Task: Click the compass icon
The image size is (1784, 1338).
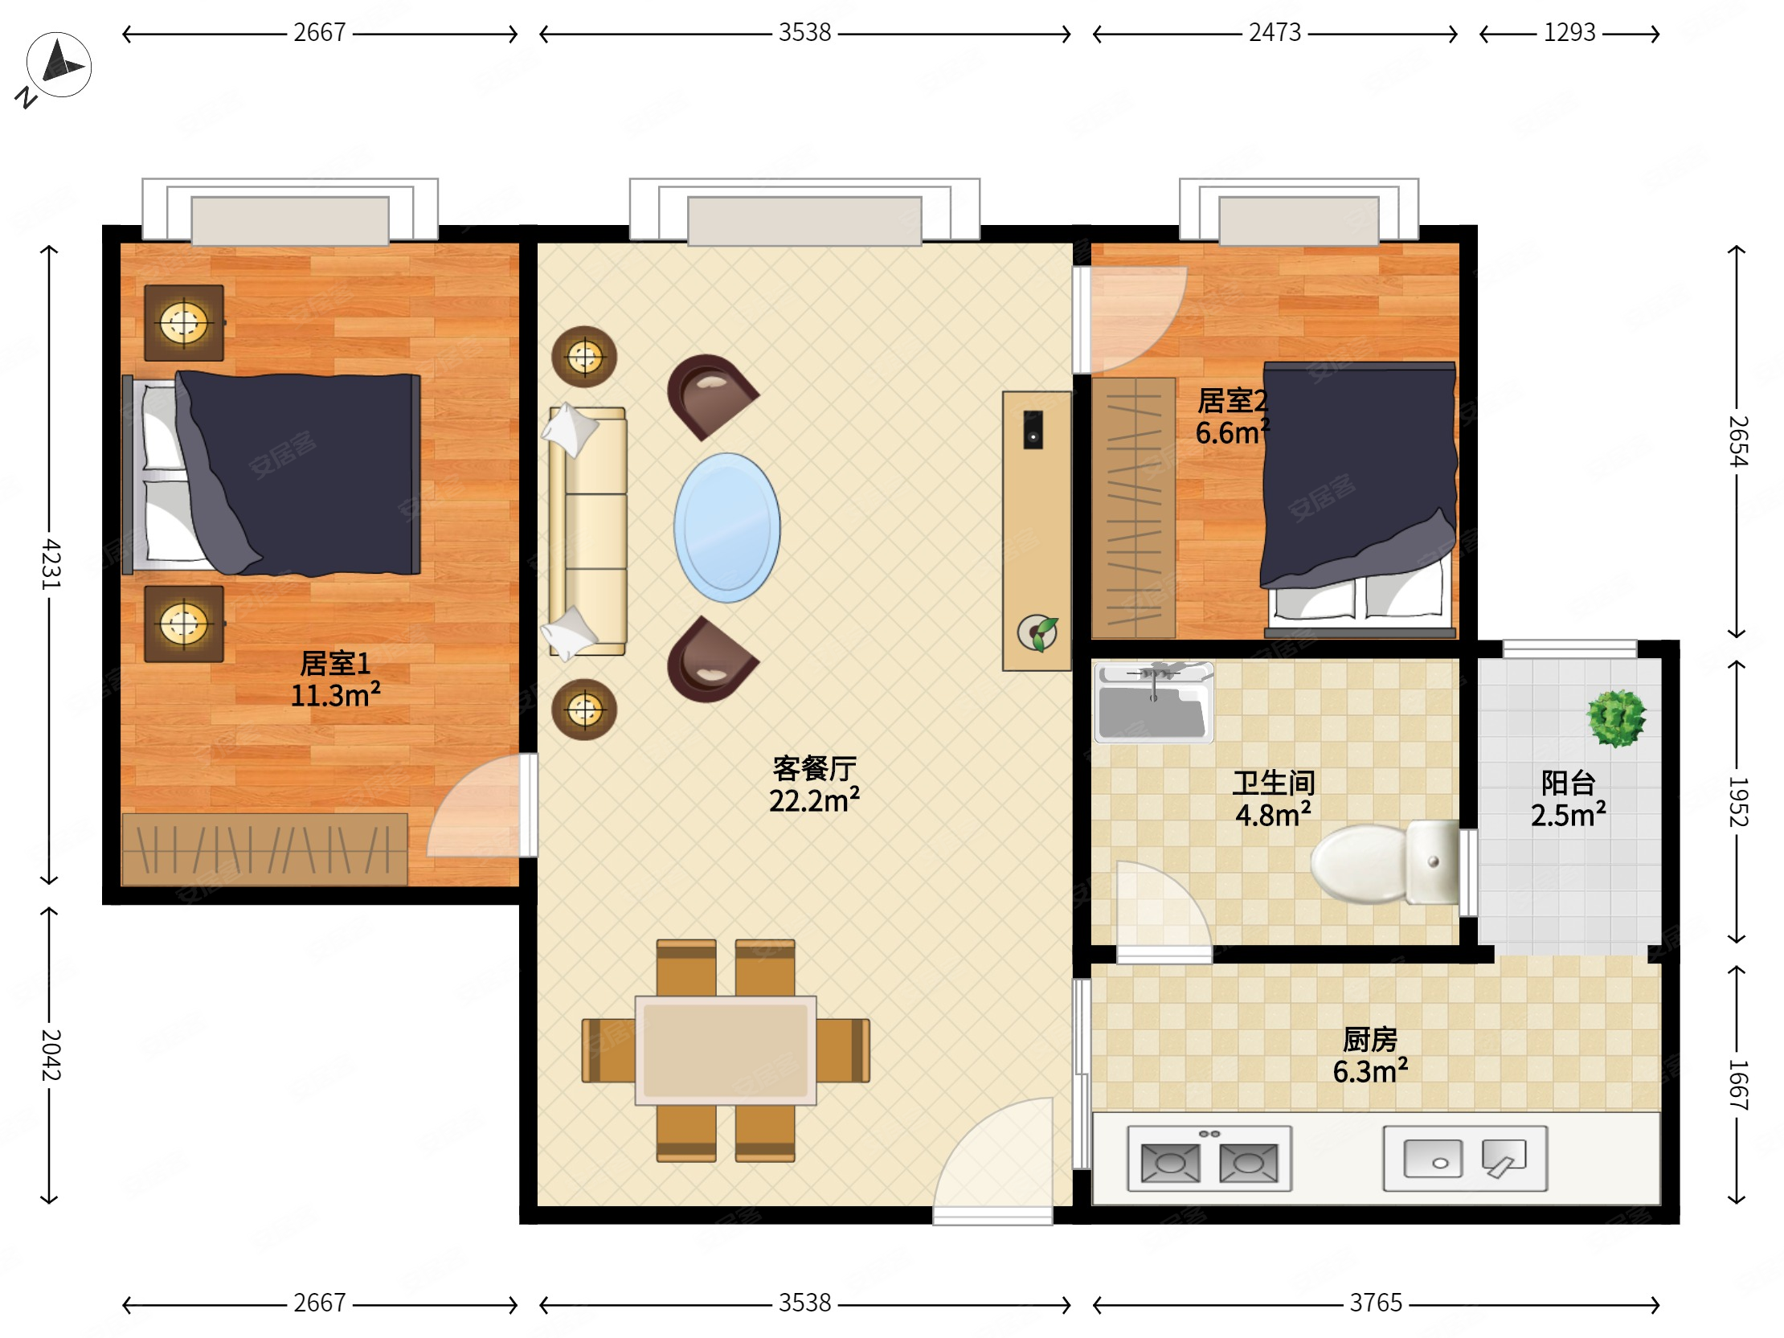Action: [x=58, y=65]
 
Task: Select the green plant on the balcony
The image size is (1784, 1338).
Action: [x=1616, y=718]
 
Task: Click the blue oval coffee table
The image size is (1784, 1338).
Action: [x=726, y=527]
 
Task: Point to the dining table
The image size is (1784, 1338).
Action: [x=725, y=1050]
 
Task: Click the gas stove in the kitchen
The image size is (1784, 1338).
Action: [x=1209, y=1159]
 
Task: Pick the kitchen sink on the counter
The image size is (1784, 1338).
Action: [x=1465, y=1159]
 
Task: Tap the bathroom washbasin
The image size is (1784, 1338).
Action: [x=1153, y=702]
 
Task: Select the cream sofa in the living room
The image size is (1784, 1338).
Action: [x=587, y=532]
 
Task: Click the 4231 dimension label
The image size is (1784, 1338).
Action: [x=50, y=564]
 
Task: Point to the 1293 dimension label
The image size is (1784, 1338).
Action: [x=1569, y=32]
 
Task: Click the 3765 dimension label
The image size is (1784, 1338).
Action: [x=1376, y=1303]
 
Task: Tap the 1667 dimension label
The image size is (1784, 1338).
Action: [x=1737, y=1085]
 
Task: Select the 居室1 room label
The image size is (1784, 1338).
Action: [x=335, y=663]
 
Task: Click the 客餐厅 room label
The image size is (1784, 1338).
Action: [x=814, y=768]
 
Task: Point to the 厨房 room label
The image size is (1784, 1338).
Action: [x=1369, y=1040]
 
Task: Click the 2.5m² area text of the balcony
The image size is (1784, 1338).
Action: [x=1568, y=815]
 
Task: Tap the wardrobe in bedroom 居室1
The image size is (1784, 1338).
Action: [x=264, y=849]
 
